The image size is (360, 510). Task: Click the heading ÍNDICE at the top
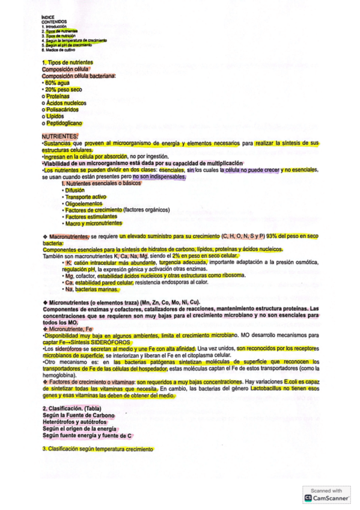(x=49, y=17)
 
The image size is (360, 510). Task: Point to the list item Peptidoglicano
(x=63, y=123)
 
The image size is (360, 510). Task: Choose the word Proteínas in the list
(x=58, y=96)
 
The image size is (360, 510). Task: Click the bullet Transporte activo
(x=86, y=197)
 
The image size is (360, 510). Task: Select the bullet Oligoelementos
(x=85, y=203)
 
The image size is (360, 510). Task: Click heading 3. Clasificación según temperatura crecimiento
(x=98, y=449)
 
